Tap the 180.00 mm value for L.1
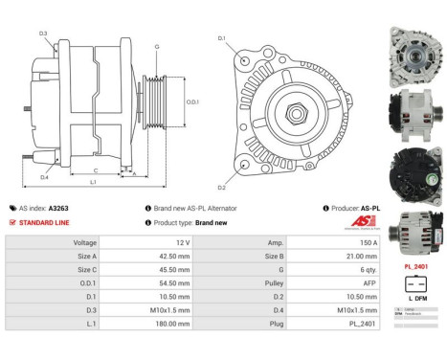coord(173,324)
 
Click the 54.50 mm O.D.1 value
coord(173,283)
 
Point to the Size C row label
coord(84,270)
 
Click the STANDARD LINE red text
coord(45,222)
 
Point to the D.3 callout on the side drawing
coord(43,34)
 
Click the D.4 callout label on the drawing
coord(44,176)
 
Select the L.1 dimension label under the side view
coord(92,181)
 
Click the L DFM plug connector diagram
coord(415,283)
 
